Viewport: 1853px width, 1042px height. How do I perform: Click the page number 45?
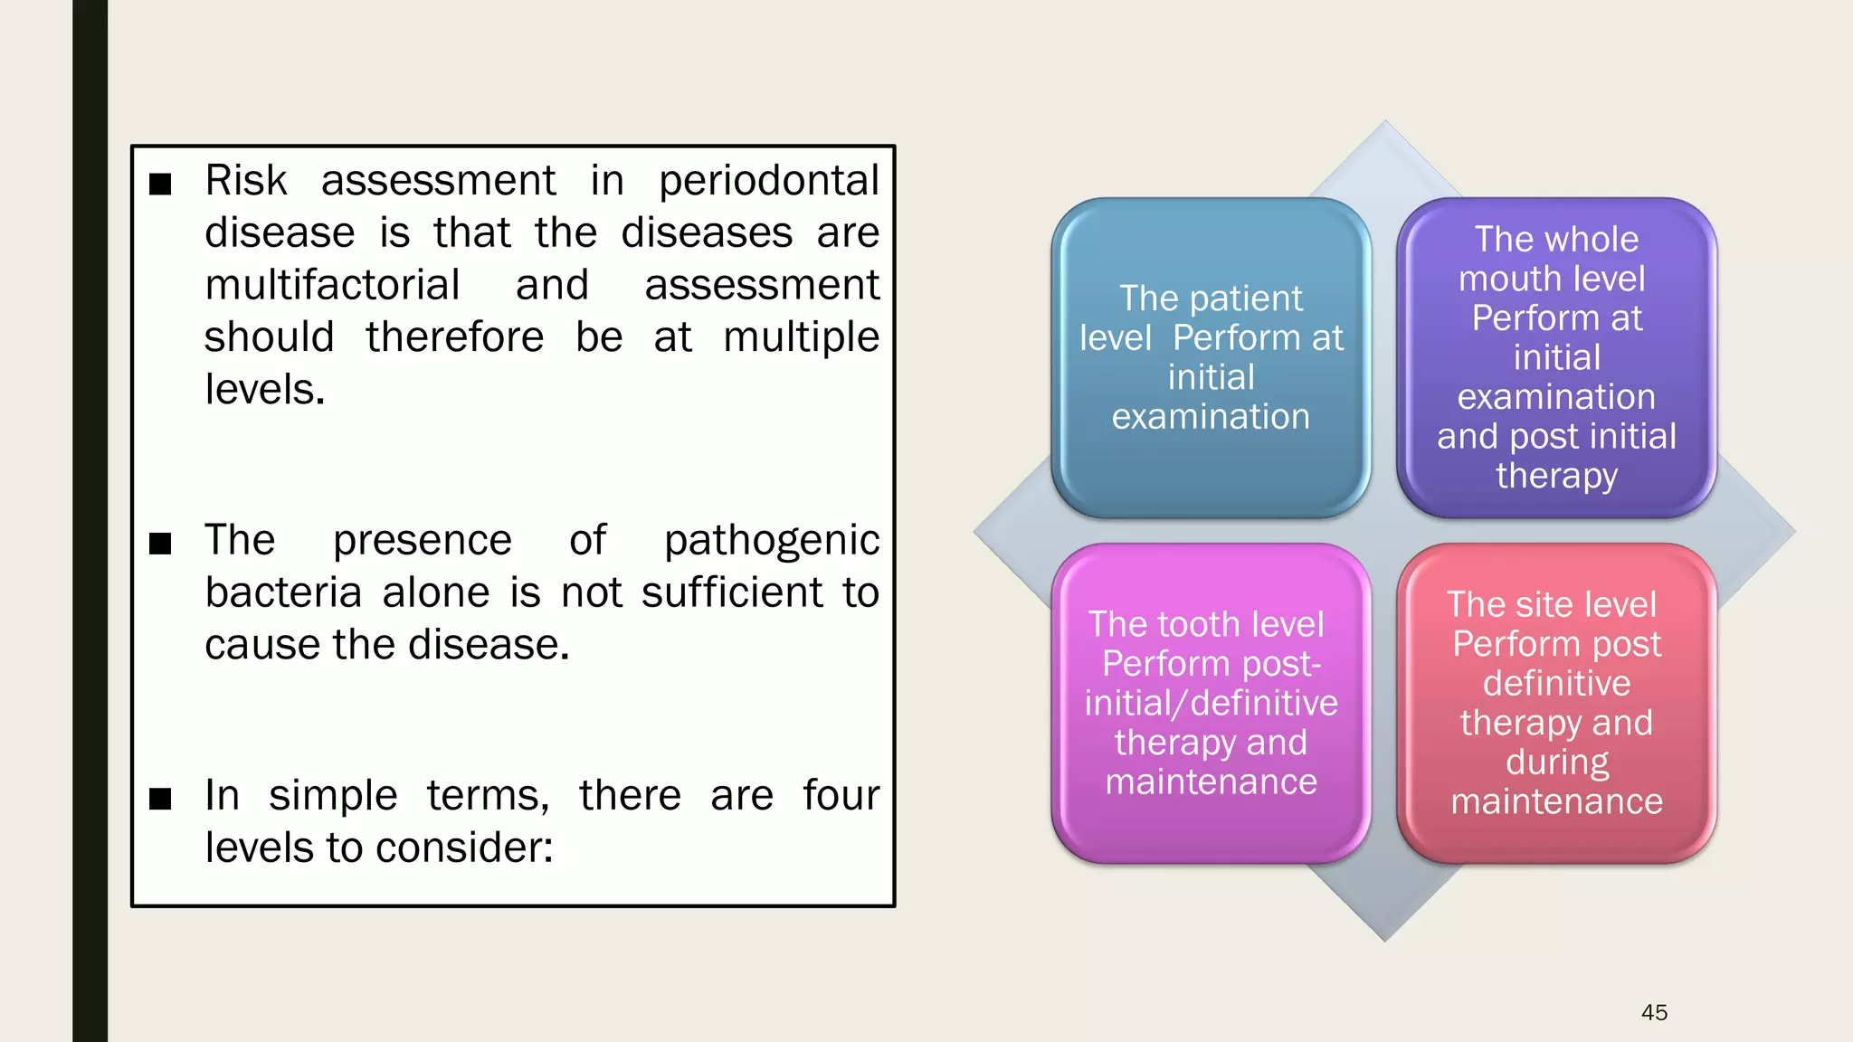click(x=1654, y=1012)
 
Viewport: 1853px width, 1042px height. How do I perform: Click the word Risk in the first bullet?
click(x=245, y=180)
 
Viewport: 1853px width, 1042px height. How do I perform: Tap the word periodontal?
click(x=768, y=180)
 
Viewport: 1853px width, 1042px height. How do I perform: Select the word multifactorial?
click(x=332, y=285)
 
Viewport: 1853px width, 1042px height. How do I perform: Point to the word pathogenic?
click(x=771, y=541)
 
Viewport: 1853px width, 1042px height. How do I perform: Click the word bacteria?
click(x=283, y=592)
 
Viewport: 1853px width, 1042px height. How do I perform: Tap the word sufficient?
click(x=732, y=592)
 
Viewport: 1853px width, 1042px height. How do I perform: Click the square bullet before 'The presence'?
click(x=160, y=544)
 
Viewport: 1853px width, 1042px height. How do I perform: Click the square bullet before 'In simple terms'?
click(x=160, y=799)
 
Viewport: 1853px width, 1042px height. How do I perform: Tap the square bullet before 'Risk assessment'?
click(x=160, y=184)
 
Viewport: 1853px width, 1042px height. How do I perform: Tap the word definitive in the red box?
click(x=1556, y=683)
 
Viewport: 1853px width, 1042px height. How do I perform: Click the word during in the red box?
click(x=1556, y=763)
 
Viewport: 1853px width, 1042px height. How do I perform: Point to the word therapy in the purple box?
click(x=1556, y=476)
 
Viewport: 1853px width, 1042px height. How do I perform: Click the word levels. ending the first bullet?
click(x=264, y=390)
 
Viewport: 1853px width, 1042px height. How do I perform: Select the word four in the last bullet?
click(x=841, y=796)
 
